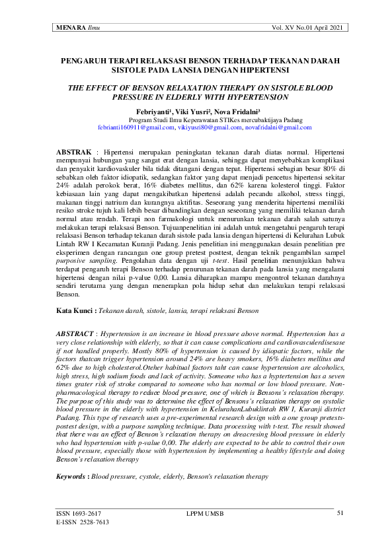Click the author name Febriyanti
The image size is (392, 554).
pos(157,112)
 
